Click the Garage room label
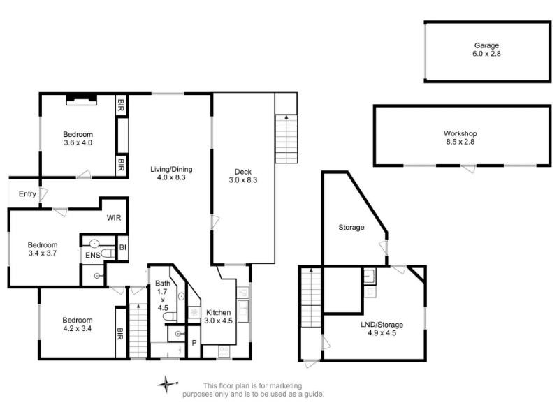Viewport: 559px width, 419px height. point(486,50)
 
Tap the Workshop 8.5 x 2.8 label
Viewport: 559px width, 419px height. point(460,138)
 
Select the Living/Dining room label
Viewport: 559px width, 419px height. point(171,173)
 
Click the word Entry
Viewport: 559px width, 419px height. point(27,194)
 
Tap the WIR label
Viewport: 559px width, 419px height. point(114,218)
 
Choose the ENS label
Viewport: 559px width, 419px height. point(93,256)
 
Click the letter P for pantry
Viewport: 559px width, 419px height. point(194,343)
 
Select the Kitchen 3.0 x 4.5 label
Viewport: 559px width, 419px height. point(218,316)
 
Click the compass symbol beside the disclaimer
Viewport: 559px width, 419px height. point(166,385)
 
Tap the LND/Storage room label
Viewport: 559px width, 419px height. point(382,329)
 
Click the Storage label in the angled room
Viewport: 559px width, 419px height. point(351,228)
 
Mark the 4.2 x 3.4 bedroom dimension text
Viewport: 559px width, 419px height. point(78,328)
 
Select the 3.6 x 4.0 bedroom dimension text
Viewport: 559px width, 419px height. point(78,142)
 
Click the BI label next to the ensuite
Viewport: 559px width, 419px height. point(123,247)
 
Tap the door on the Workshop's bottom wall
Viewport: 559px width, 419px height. point(468,168)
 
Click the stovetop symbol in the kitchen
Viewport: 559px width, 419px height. point(224,352)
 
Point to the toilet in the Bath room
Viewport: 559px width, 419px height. point(170,316)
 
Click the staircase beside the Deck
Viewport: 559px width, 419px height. point(286,139)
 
